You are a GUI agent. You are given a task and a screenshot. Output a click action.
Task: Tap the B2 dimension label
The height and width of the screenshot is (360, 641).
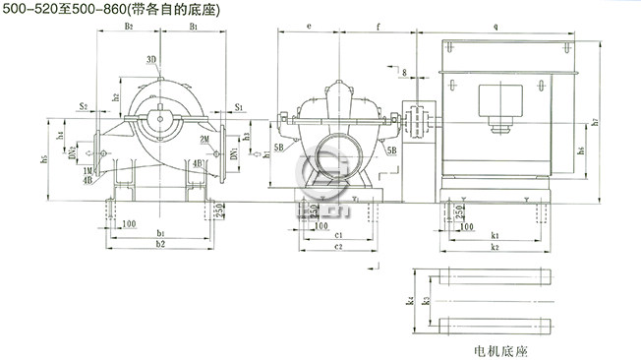pyautogui.click(x=129, y=28)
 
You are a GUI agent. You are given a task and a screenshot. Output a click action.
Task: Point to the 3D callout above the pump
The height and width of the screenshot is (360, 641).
pyautogui.click(x=151, y=60)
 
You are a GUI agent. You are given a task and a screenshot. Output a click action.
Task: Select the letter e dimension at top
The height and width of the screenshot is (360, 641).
pyautogui.click(x=309, y=28)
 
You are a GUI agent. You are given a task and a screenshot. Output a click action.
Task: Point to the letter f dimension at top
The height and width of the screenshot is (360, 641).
pyautogui.click(x=379, y=28)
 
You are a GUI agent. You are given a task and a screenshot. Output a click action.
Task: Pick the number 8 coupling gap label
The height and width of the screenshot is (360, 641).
pyautogui.click(x=403, y=72)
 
